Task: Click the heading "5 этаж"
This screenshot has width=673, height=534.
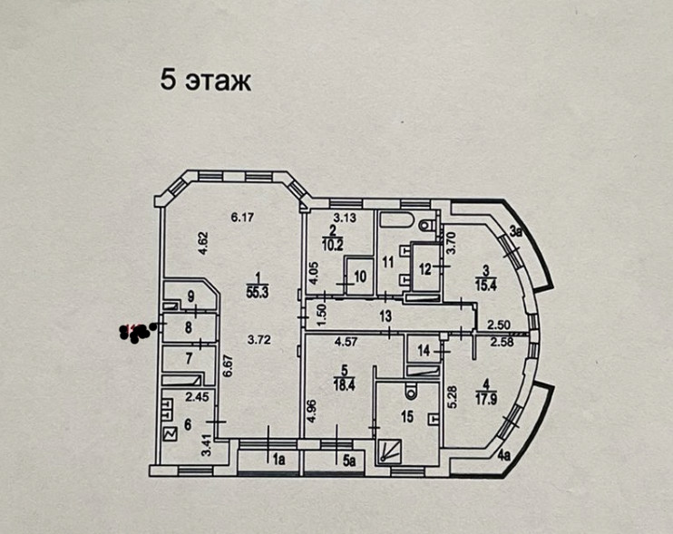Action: tap(204, 80)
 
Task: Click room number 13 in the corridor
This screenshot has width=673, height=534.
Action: tap(385, 316)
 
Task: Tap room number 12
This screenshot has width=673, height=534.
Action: tap(423, 267)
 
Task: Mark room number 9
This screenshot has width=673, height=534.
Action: tap(190, 296)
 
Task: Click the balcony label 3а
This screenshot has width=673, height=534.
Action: tap(516, 231)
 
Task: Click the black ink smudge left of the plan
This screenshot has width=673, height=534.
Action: tap(139, 332)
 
